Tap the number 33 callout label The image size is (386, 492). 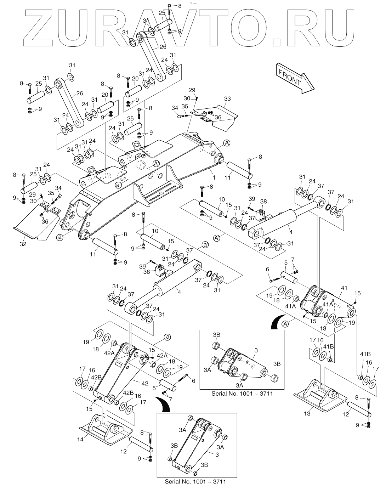click(227, 98)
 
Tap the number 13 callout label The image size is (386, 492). click(308, 413)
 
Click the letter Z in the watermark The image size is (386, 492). click(45, 27)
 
